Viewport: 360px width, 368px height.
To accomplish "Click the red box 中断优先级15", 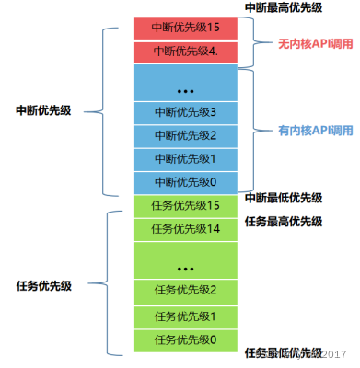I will click(186, 28).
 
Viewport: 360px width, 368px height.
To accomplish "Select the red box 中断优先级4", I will click(186, 52).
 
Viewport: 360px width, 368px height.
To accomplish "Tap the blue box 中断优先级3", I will click(186, 112).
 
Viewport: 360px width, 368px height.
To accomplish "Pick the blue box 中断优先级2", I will click(186, 135).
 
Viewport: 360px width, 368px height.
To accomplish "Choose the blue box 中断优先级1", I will click(186, 158).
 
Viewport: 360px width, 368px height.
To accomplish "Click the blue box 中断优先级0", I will click(186, 181).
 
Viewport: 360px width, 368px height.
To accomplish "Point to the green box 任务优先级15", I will click(186, 204).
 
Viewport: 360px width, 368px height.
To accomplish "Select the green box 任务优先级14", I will click(186, 228).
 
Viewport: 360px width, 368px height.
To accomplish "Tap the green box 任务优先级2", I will click(186, 292).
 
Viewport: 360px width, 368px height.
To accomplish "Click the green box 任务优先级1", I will click(186, 316).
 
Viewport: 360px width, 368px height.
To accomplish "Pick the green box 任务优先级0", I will click(186, 339).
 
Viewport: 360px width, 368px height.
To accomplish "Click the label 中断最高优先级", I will click(284, 7).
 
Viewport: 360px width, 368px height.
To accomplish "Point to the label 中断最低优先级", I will click(284, 198).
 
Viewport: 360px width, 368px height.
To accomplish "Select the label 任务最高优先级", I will click(284, 222).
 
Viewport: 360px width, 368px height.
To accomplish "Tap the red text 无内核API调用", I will click(316, 43).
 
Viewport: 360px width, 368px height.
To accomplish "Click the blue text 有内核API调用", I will click(316, 131).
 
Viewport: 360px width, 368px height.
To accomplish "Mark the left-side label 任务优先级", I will click(45, 286).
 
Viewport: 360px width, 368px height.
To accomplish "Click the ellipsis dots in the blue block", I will click(186, 89).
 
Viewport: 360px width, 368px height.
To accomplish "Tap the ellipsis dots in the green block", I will click(186, 268).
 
